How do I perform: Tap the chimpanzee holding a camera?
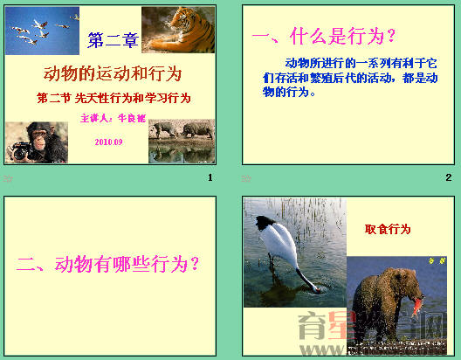tap(36, 142)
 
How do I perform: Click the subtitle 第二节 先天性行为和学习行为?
tap(114, 98)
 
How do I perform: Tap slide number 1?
tap(210, 178)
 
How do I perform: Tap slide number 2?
tap(448, 178)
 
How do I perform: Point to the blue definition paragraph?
tap(349, 78)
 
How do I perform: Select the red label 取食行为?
tap(388, 229)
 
